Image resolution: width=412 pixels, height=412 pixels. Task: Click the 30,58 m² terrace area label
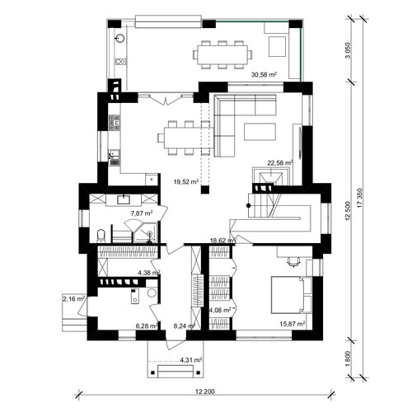pos(264,74)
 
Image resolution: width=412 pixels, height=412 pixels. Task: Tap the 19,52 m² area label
pos(186,181)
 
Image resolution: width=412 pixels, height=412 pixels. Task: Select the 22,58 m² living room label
pos(280,163)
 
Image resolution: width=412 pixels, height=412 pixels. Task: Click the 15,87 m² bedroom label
pos(293,324)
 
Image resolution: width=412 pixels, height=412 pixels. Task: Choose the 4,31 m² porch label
pos(191,359)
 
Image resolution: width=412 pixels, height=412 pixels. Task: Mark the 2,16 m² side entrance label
pos(73,299)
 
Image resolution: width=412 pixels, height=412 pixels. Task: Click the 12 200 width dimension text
pos(205,391)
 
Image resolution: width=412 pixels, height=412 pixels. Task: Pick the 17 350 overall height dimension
pos(360,197)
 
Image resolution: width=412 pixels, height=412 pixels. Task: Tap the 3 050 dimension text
pos(349,50)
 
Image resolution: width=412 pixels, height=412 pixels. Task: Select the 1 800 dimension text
pos(349,358)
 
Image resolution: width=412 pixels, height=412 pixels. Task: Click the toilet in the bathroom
pos(101,236)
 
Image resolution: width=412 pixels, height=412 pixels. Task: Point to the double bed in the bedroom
pos(292,295)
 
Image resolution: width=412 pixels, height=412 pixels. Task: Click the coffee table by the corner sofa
pos(260,132)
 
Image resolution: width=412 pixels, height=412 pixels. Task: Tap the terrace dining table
pos(222,54)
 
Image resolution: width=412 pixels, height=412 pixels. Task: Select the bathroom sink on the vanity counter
pos(124,199)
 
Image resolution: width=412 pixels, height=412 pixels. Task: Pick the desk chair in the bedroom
pos(293,261)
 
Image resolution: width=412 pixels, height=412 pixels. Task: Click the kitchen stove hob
pos(114,123)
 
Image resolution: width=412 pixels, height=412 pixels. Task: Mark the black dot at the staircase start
pos(249,205)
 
